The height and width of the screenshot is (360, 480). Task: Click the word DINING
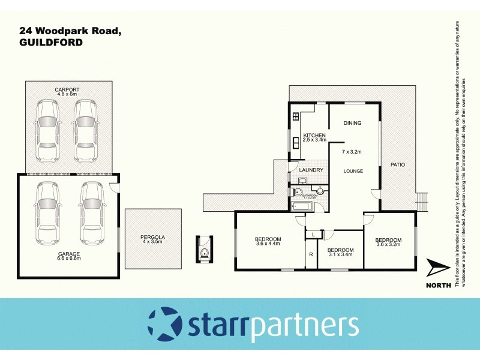(x=352, y=123)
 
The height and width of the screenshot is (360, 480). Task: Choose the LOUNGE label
(x=353, y=171)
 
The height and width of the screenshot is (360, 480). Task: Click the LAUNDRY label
(x=311, y=170)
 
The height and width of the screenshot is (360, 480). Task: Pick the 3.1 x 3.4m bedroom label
(x=340, y=252)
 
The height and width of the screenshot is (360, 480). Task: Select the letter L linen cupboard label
(x=313, y=234)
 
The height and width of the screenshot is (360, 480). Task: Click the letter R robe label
(x=311, y=255)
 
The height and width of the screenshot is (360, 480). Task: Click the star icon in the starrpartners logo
(x=163, y=323)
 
